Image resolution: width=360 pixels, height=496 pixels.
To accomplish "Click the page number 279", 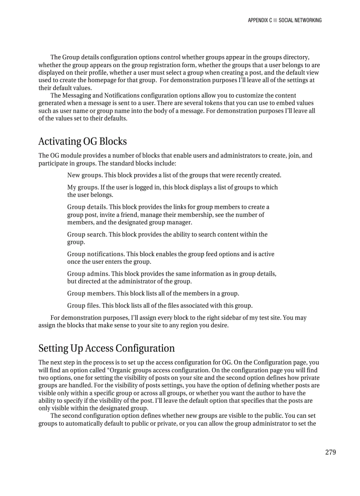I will (x=330, y=452).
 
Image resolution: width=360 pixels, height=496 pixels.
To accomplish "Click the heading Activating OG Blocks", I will (x=82, y=141).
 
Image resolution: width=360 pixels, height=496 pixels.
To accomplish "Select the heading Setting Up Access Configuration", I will (x=106, y=348).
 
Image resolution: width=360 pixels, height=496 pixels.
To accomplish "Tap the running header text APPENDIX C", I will (x=259, y=20).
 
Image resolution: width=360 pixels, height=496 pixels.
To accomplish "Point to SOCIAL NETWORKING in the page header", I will (x=300, y=20).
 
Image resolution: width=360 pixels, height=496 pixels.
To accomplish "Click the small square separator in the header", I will (x=275, y=20).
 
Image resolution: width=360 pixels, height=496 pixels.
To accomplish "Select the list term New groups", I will (x=85, y=175).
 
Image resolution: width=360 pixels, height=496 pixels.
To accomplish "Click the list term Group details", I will (x=86, y=207).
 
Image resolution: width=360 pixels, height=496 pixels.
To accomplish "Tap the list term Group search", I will (x=86, y=235).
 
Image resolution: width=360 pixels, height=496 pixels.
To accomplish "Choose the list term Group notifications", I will (x=95, y=254).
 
